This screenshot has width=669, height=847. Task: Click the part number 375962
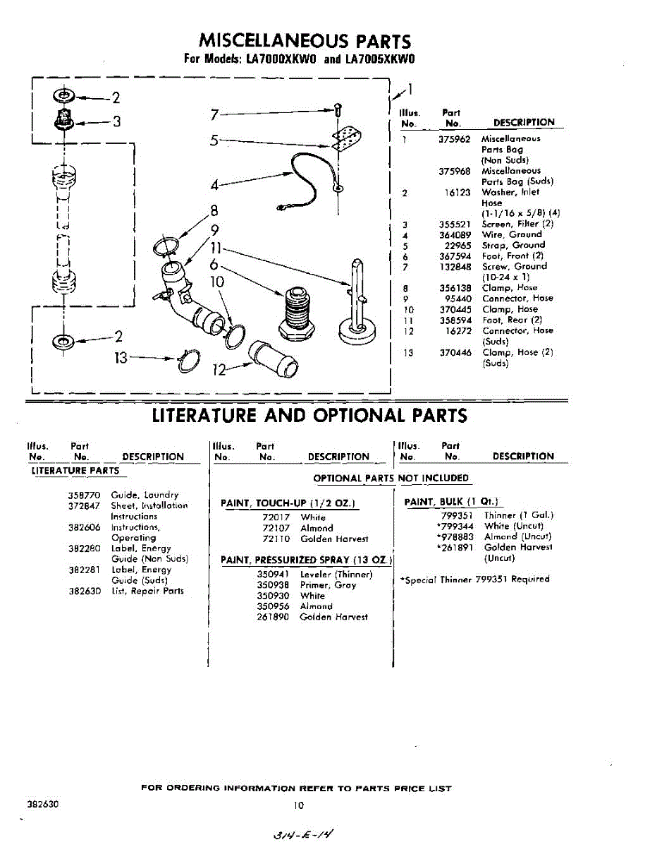point(454,139)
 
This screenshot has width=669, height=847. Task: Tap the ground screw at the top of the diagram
point(338,110)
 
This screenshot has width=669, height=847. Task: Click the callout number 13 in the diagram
point(121,357)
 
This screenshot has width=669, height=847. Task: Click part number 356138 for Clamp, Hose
point(454,288)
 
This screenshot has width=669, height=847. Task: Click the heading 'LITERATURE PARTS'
point(75,471)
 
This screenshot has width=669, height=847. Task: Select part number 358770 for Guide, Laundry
point(83,495)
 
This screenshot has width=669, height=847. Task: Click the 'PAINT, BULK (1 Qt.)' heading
point(452,502)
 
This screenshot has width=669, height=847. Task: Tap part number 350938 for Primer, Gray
point(273,585)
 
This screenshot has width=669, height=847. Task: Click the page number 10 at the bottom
point(298,805)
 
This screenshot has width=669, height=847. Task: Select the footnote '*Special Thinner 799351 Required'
point(474,579)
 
